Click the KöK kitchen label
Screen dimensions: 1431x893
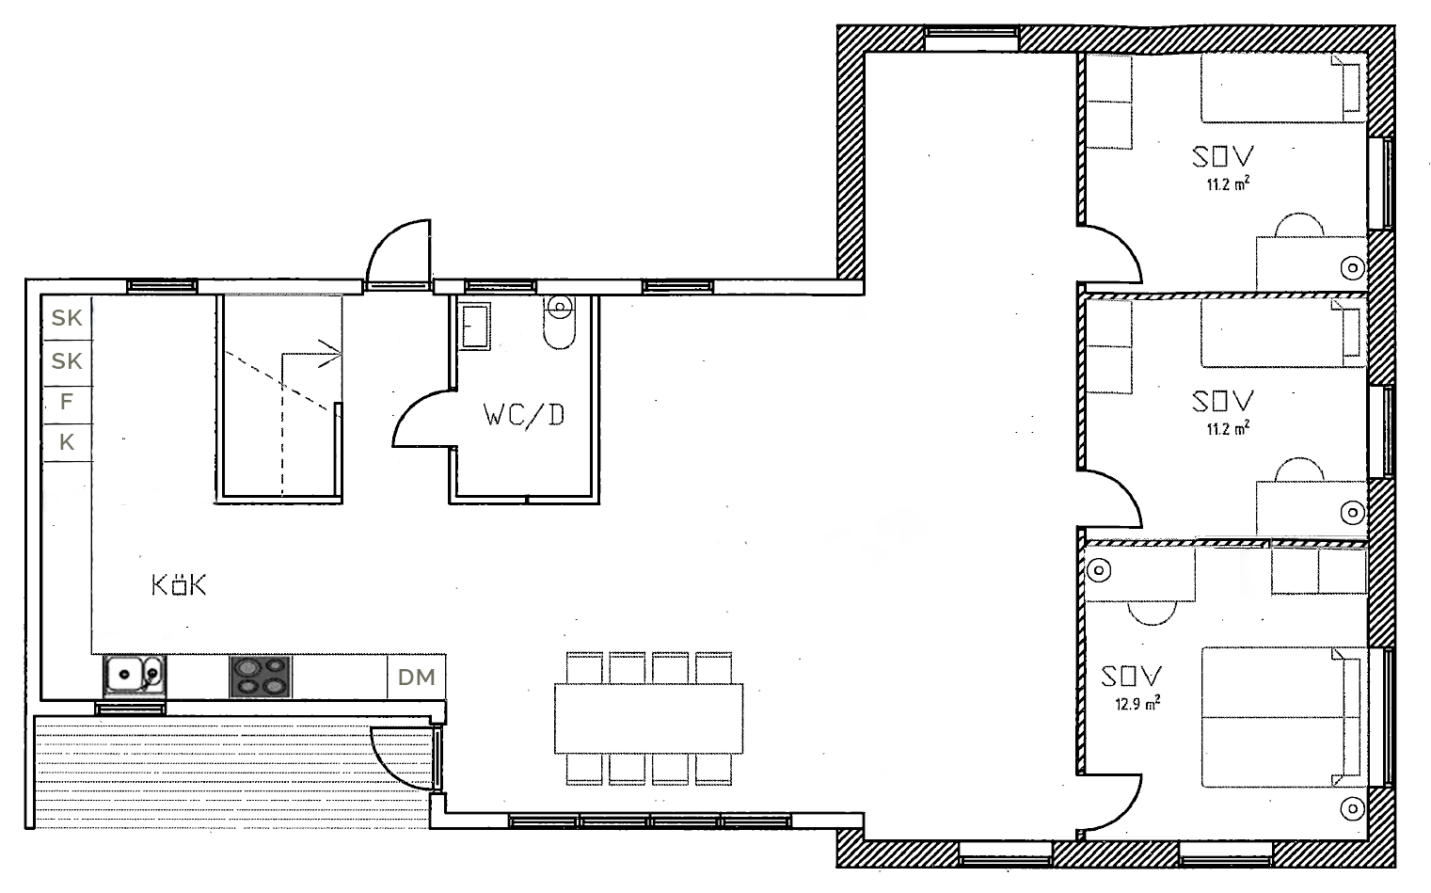point(179,585)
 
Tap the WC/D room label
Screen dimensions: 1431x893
point(524,416)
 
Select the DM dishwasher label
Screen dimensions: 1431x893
point(417,678)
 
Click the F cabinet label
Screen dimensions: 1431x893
point(67,402)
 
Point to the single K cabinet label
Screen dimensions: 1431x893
point(67,442)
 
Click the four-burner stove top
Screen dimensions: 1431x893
point(260,677)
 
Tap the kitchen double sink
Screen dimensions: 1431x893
point(135,676)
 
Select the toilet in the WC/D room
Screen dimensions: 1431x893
point(560,322)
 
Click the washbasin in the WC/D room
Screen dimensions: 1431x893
point(475,327)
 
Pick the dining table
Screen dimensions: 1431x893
point(648,719)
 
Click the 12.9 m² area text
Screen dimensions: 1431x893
point(1137,703)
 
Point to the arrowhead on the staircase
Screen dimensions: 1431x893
point(332,353)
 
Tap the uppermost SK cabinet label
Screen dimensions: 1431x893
point(67,317)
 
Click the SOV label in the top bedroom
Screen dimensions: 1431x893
point(1223,156)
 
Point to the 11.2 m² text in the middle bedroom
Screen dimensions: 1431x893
point(1228,428)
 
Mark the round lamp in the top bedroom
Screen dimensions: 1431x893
point(1353,267)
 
